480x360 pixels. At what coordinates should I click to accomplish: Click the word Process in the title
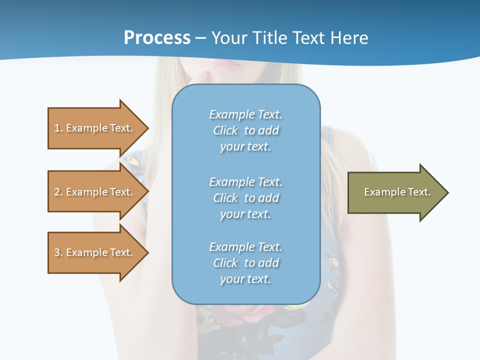(157, 38)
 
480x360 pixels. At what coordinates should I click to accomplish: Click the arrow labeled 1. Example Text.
(95, 128)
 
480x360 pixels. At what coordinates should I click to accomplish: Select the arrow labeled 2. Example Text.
(95, 192)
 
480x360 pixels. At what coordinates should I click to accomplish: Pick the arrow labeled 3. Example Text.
(95, 252)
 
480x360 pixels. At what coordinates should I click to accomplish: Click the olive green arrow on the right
(395, 192)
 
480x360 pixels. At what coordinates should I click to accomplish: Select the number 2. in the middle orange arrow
(58, 192)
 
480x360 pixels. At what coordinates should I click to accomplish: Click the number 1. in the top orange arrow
(58, 128)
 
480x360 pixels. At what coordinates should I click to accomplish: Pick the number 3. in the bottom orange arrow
(58, 252)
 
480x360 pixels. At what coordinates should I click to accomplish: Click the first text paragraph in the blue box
(245, 130)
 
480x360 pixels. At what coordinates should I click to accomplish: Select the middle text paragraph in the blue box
(245, 198)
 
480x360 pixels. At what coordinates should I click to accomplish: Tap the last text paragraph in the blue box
(245, 263)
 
